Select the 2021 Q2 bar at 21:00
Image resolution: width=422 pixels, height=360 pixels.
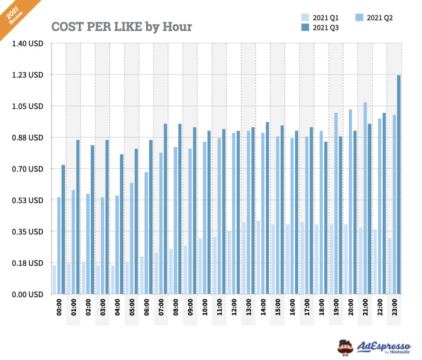point(365,198)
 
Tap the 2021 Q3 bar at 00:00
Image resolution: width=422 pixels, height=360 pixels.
point(63,229)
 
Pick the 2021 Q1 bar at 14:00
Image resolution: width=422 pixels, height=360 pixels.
point(258,257)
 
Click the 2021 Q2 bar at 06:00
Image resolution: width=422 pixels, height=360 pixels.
point(146,233)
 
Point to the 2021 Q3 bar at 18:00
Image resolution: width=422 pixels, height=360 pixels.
point(326,218)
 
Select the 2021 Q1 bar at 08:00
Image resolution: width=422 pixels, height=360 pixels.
point(171,271)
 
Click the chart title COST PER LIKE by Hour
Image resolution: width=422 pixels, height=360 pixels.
point(122,27)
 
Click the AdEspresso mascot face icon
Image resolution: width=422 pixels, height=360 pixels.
point(345,347)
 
